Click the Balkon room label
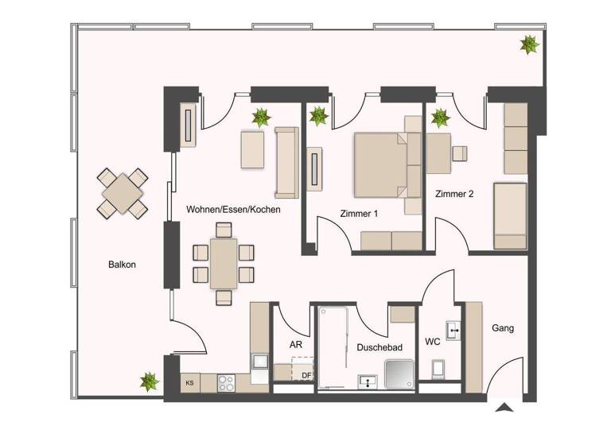tap(123, 265)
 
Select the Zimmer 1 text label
tap(358, 214)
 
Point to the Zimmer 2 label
tap(454, 194)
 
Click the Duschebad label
tap(379, 347)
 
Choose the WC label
tap(432, 342)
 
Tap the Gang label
tap(502, 327)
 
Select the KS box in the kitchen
tap(190, 383)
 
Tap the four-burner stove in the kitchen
tap(226, 382)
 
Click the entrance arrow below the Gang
tap(504, 409)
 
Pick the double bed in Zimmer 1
tap(380, 164)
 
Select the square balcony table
tap(123, 192)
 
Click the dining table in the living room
tap(224, 263)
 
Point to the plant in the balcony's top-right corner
tap(528, 44)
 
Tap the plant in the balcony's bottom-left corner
tap(149, 382)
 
